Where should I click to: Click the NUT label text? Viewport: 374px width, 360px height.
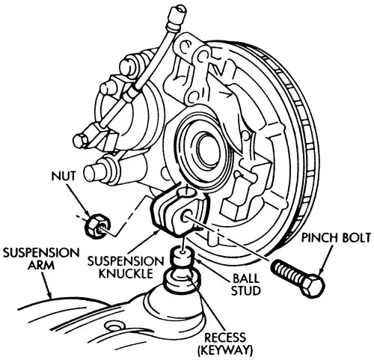tap(64, 176)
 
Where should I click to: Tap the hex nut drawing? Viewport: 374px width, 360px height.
tap(97, 225)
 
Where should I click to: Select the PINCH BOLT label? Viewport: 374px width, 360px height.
tap(336, 238)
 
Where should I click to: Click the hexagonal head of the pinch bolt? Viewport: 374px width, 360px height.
tap(313, 285)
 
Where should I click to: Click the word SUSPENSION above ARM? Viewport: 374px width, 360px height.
tap(41, 252)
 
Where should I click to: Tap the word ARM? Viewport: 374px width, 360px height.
tap(41, 265)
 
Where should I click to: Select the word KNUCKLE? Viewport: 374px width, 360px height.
tap(126, 274)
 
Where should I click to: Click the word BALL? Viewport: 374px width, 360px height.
tap(246, 278)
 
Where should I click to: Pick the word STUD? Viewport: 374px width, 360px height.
tap(246, 290)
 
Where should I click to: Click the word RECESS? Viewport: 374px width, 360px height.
tap(225, 338)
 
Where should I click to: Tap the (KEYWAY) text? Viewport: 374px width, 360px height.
tap(225, 350)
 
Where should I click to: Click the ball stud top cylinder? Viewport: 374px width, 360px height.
tap(184, 257)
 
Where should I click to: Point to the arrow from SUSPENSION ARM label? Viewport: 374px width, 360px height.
tap(47, 284)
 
